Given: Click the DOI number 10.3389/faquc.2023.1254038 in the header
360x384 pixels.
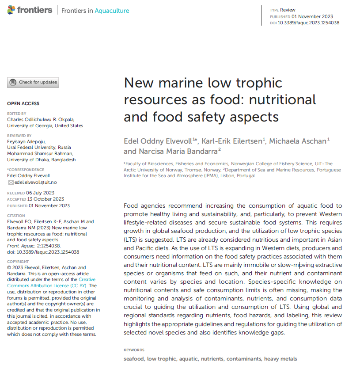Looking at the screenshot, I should pyautogui.click(x=308, y=23).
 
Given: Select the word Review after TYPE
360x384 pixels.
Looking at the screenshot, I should pyautogui.click(x=288, y=10).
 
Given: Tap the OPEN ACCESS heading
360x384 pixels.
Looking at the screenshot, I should pyautogui.click(x=23, y=103).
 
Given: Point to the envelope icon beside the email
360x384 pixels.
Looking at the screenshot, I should pyautogui.click(x=11, y=182).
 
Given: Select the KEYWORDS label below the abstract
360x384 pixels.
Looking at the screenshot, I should pyautogui.click(x=134, y=350).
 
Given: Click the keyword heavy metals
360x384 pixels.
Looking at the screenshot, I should pyautogui.click(x=280, y=359).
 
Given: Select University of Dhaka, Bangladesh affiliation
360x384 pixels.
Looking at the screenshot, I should pyautogui.click(x=41, y=160).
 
